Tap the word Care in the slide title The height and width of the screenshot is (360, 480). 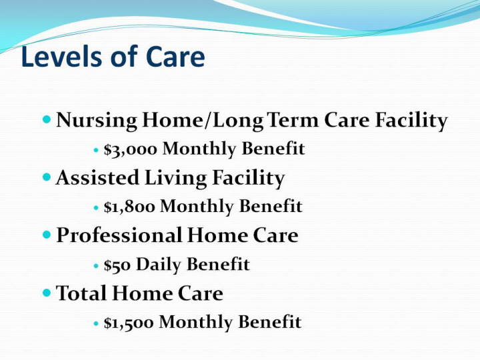pyautogui.click(x=175, y=57)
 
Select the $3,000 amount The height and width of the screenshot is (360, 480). pyautogui.click(x=131, y=149)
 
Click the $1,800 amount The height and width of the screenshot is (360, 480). pyautogui.click(x=129, y=206)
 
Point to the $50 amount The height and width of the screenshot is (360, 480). pyautogui.click(x=117, y=265)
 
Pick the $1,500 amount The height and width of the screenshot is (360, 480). pyautogui.click(x=129, y=323)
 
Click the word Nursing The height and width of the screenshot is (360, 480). pyautogui.click(x=97, y=121)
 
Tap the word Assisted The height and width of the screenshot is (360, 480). pyautogui.click(x=97, y=177)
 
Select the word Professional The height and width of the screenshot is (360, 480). pyautogui.click(x=119, y=235)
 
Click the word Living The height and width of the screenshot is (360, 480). pyautogui.click(x=175, y=178)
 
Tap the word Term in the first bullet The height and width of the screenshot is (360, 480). pyautogui.click(x=293, y=120)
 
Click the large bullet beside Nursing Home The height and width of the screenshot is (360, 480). pyautogui.click(x=47, y=119)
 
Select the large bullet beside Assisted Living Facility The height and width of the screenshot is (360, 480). pyautogui.click(x=47, y=177)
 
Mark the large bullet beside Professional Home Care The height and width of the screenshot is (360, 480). pyautogui.click(x=47, y=235)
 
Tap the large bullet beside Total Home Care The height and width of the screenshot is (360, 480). pyautogui.click(x=47, y=293)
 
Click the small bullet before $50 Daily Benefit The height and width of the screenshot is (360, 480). pyautogui.click(x=96, y=266)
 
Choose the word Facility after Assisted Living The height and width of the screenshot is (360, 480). pyautogui.click(x=248, y=178)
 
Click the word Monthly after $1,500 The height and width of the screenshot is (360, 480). pyautogui.click(x=196, y=323)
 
